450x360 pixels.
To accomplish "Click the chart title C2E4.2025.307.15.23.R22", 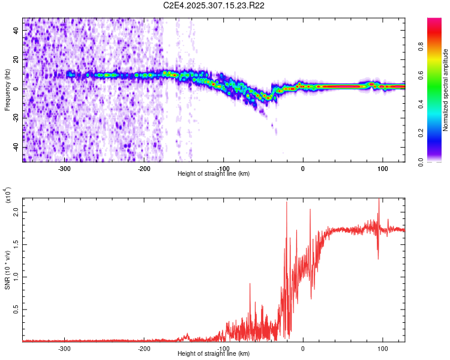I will click(x=214, y=5).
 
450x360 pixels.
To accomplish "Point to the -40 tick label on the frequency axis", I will click(x=16, y=147).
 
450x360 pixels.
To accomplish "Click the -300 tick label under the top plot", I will click(x=64, y=169).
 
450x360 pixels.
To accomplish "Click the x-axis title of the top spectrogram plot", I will click(x=214, y=174).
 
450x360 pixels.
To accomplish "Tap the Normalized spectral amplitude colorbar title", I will click(x=445, y=90).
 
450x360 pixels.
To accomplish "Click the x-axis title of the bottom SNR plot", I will click(x=214, y=354).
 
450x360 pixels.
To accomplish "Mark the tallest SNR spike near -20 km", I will click(x=287, y=203).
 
